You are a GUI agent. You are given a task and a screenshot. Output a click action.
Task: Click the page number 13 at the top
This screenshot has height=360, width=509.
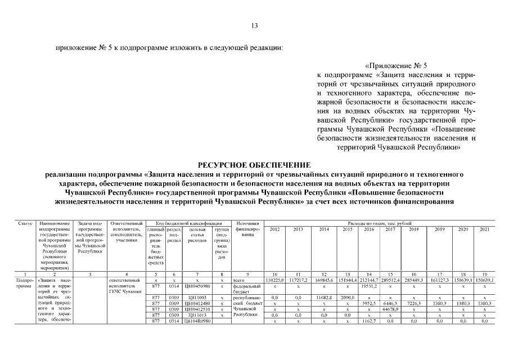pyautogui.click(x=254, y=25)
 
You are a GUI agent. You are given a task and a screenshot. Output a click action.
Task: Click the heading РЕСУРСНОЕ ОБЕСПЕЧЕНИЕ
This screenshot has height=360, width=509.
pyautogui.click(x=254, y=164)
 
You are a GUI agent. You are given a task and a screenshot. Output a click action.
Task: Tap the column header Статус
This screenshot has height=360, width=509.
pyautogui.click(x=26, y=224)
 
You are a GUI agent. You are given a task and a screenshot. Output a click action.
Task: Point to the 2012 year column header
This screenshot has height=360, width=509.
pyautogui.click(x=275, y=229)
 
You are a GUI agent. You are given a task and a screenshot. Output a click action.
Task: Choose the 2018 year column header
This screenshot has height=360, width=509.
pyautogui.click(x=413, y=229)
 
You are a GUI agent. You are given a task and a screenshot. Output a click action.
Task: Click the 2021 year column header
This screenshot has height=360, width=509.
pyautogui.click(x=484, y=229)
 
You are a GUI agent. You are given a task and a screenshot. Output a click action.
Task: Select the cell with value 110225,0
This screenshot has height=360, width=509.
pyautogui.click(x=275, y=280)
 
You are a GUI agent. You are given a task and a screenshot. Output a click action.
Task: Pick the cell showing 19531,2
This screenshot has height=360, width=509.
pyautogui.click(x=369, y=286)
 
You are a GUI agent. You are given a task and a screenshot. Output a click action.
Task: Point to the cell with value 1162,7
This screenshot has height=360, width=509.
pyautogui.click(x=369, y=321)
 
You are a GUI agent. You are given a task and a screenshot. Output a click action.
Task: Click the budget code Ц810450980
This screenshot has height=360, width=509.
pyautogui.click(x=197, y=286)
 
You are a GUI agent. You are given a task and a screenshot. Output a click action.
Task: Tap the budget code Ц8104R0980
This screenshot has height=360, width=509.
pyautogui.click(x=197, y=321)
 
